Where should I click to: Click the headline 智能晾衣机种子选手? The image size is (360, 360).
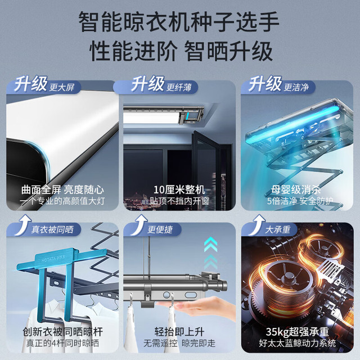tap(179, 22)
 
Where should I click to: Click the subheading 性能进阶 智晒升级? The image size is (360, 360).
tap(181, 51)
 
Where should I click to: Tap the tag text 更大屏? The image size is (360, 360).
tap(62, 87)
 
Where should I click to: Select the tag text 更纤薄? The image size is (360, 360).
tap(179, 87)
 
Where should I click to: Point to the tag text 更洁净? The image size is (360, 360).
tap(296, 87)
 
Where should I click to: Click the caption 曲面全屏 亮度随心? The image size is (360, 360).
tap(62, 190)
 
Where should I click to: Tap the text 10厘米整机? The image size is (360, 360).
tap(179, 190)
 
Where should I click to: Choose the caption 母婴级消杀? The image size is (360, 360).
tap(296, 190)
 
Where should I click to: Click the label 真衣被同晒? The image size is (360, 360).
tap(52, 229)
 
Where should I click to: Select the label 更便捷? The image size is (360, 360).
tap(160, 229)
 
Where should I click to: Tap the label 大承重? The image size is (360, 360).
tap(278, 229)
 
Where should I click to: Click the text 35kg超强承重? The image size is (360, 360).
tap(298, 332)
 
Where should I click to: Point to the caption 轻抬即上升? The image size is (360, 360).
tap(179, 332)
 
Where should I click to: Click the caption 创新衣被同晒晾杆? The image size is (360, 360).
tap(62, 332)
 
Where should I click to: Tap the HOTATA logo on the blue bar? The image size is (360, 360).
tap(53, 259)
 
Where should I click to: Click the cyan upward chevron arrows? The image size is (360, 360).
tap(210, 253)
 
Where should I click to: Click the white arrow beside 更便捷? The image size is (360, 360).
tap(139, 224)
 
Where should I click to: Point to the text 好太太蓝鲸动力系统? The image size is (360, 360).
tap(298, 343)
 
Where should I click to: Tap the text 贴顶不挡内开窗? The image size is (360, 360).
tap(179, 201)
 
